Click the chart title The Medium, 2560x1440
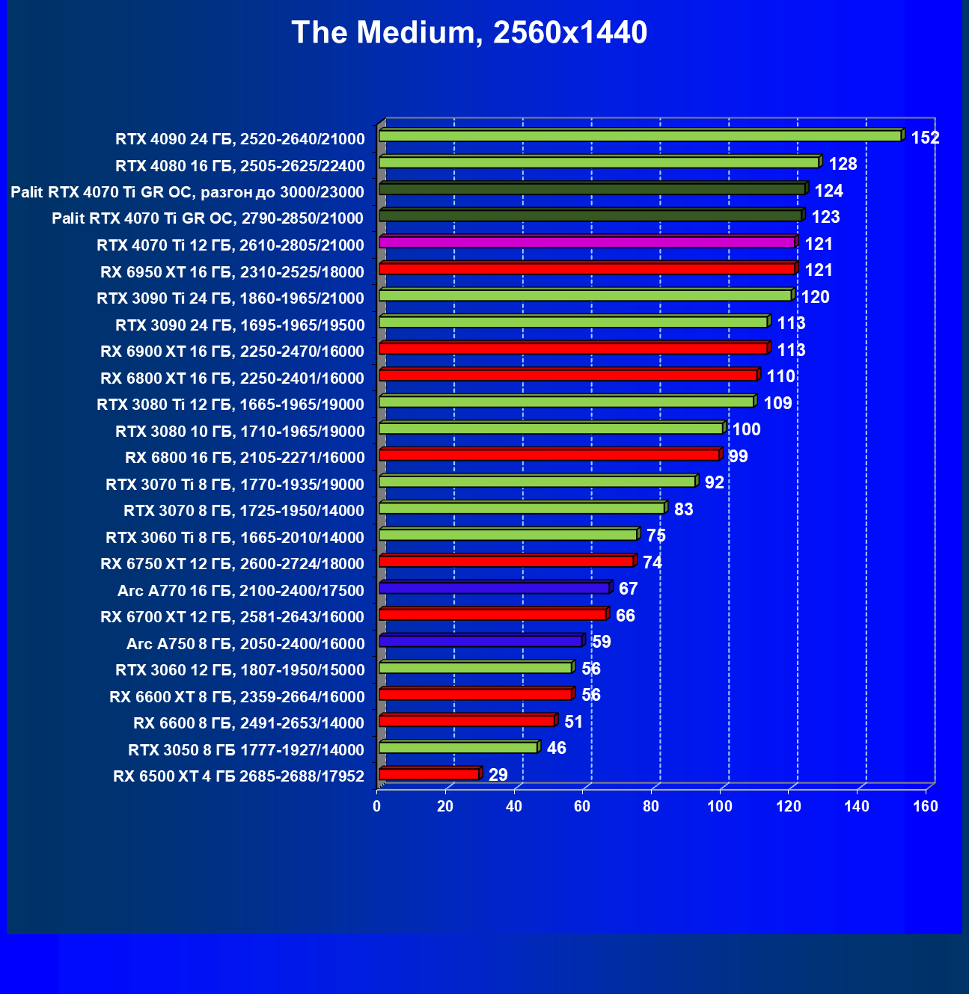click(x=469, y=33)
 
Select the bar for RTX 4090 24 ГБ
click(x=640, y=135)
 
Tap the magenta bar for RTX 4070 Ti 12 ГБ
click(x=587, y=242)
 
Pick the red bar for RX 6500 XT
click(x=429, y=773)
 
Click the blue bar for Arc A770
click(x=495, y=588)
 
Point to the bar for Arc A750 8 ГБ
click(x=480, y=641)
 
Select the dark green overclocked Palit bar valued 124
click(x=592, y=188)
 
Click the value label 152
click(x=925, y=138)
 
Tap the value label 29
click(x=498, y=775)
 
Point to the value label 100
click(x=746, y=429)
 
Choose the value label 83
click(x=683, y=509)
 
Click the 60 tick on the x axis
click(x=582, y=806)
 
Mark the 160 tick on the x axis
click(x=926, y=806)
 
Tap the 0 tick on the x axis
click(x=377, y=806)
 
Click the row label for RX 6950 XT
click(x=232, y=271)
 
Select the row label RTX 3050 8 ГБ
click(x=245, y=749)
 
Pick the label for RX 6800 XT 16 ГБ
click(x=232, y=378)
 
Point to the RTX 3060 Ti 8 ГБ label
click(x=235, y=537)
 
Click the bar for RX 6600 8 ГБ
click(x=467, y=720)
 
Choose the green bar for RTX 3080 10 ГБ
click(x=551, y=428)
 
